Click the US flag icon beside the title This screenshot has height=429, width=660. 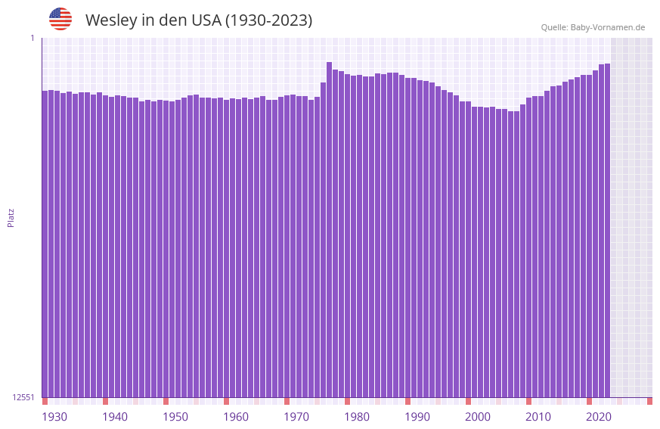coord(60,19)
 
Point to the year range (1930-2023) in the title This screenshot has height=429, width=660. coord(268,20)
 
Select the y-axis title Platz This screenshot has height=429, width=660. coord(11,217)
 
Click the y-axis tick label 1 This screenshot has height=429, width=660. coord(32,38)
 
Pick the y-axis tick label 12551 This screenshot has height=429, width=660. coord(23,397)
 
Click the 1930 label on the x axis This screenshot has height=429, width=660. coord(54,417)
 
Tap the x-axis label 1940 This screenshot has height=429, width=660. coord(115,417)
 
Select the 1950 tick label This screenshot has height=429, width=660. coord(175,417)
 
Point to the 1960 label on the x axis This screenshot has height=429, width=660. coord(236,417)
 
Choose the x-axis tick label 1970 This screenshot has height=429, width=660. coord(296,417)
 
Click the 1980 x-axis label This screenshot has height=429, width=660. coord(357,417)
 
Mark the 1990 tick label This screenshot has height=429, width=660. coord(417,417)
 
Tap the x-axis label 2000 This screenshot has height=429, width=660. coord(478,417)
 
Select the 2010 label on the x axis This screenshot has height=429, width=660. coord(538,417)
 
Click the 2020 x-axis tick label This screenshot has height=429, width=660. coord(599,417)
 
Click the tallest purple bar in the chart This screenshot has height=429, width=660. coord(330,227)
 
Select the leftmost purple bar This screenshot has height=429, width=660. coord(45,242)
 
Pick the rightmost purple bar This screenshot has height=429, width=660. coord(607,227)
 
